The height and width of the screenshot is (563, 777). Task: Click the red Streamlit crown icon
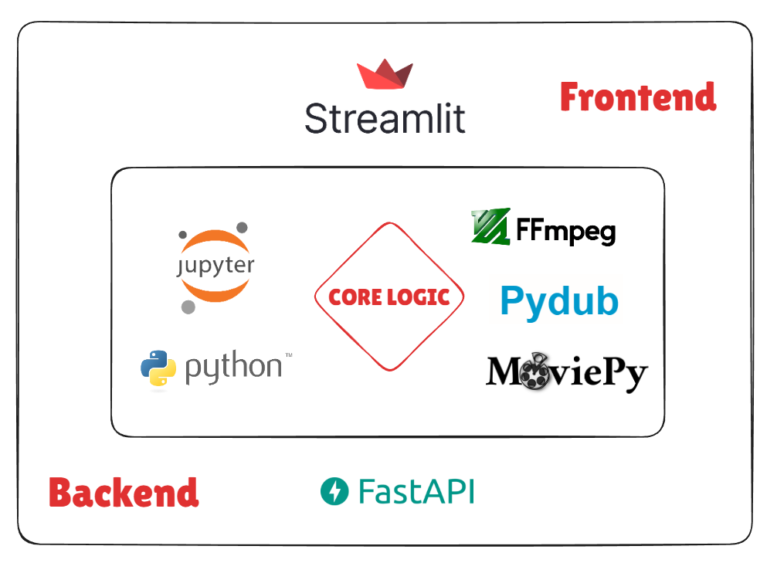[x=385, y=76]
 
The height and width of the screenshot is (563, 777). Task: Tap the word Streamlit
[x=385, y=119]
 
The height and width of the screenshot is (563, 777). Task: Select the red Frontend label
[x=638, y=97]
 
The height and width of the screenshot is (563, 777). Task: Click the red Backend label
[x=124, y=493]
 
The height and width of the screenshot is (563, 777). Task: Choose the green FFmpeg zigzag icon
[x=490, y=227]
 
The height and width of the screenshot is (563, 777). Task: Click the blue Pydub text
[x=559, y=300]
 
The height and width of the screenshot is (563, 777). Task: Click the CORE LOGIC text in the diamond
[x=389, y=297]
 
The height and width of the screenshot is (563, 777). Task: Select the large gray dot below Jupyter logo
[x=188, y=307]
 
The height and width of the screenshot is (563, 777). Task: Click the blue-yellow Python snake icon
[x=158, y=368]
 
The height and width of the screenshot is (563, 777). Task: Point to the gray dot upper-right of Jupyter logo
[x=242, y=228]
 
